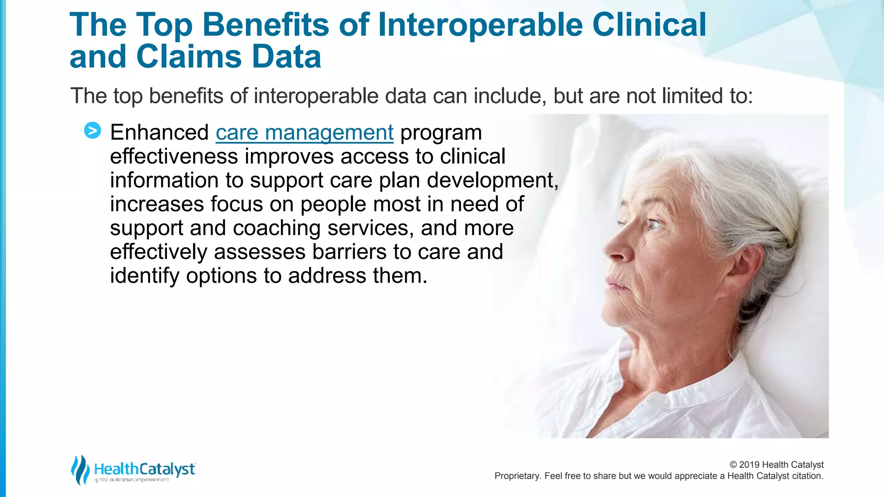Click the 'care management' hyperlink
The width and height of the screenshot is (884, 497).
tap(304, 132)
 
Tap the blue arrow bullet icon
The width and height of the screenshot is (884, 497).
tap(92, 130)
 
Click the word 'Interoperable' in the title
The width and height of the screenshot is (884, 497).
tap(480, 25)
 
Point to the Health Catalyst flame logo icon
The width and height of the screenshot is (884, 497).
tap(80, 470)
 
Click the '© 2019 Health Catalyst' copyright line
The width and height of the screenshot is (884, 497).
tap(776, 465)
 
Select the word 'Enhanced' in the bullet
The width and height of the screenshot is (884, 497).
tap(159, 132)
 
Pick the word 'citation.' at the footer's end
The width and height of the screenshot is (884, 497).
tap(807, 476)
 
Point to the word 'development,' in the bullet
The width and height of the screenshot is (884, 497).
tap(493, 180)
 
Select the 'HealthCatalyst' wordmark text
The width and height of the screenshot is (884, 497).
tap(145, 469)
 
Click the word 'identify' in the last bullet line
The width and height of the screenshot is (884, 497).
tap(144, 276)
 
